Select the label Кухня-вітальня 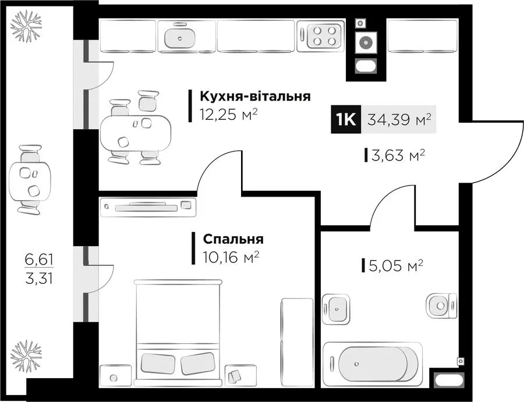(256, 96)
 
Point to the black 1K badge (346, 119)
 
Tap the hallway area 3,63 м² (398, 155)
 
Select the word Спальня (233, 239)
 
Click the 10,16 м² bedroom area (231, 257)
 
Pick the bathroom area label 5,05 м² (396, 266)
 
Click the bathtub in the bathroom (372, 362)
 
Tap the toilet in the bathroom (441, 306)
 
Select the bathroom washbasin (336, 309)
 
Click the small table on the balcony (30, 180)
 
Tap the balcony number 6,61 (39, 259)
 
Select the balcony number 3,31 (39, 278)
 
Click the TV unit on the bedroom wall (148, 207)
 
